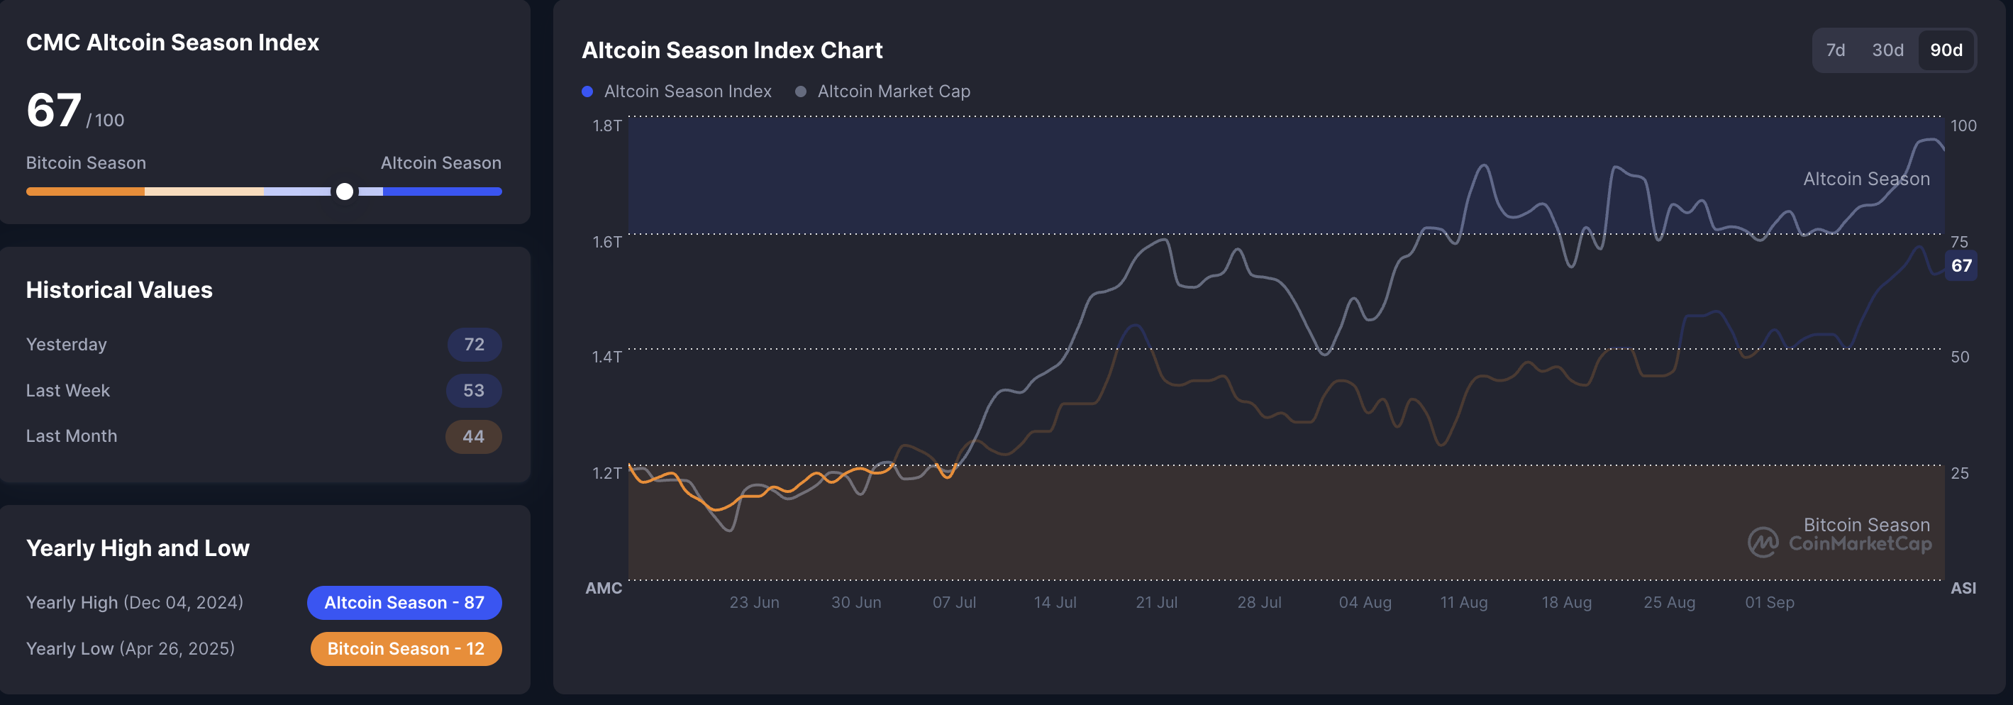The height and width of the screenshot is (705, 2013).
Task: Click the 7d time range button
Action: pyautogui.click(x=1835, y=50)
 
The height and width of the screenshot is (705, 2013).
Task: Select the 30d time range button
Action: pyautogui.click(x=1887, y=50)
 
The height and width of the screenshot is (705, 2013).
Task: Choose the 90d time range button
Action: pyautogui.click(x=1946, y=50)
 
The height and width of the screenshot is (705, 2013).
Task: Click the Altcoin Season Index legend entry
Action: pyautogui.click(x=677, y=91)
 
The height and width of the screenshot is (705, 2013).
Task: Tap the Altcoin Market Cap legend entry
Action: pyautogui.click(x=884, y=91)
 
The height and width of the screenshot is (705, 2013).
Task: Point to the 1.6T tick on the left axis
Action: pyautogui.click(x=606, y=242)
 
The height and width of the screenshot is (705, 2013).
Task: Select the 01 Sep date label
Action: pyautogui.click(x=1769, y=603)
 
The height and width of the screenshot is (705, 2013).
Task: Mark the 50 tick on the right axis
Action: pyautogui.click(x=1959, y=357)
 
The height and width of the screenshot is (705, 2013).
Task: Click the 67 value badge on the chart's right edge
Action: pyautogui.click(x=1961, y=266)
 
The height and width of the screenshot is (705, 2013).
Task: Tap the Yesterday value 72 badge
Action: pyautogui.click(x=474, y=345)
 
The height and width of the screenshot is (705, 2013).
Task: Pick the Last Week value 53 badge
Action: pyautogui.click(x=474, y=391)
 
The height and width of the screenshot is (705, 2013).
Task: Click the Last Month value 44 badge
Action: pyautogui.click(x=473, y=437)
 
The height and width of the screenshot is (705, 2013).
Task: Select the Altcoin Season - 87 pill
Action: pyautogui.click(x=404, y=603)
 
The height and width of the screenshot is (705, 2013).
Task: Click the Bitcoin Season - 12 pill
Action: pyautogui.click(x=406, y=649)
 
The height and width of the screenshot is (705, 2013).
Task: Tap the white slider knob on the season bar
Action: pyautogui.click(x=345, y=191)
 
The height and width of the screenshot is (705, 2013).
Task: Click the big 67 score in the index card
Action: pyautogui.click(x=53, y=110)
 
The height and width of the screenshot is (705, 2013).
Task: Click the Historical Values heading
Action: pyautogui.click(x=118, y=290)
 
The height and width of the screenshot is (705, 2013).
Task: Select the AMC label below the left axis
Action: pyautogui.click(x=604, y=588)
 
